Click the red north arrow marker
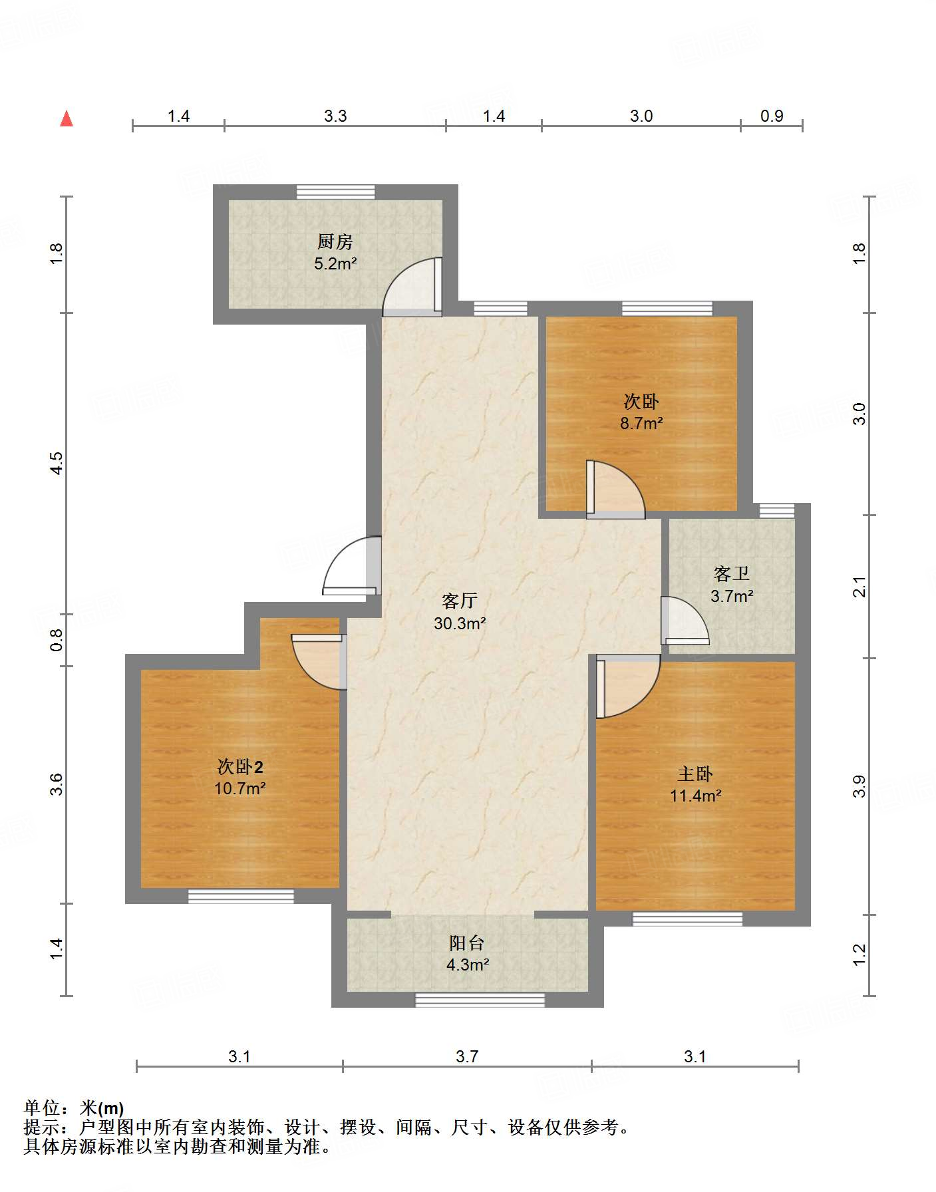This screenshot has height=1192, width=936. [67, 118]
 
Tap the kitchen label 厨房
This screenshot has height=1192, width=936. [335, 241]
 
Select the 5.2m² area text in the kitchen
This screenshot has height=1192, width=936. [335, 263]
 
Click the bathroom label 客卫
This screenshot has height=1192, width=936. [732, 573]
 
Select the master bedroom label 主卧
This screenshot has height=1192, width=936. [695, 774]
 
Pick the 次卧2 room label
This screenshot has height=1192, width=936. [240, 767]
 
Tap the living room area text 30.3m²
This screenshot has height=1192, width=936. [460, 623]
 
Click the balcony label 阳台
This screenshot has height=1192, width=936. [467, 943]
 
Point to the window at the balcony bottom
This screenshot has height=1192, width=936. [480, 1000]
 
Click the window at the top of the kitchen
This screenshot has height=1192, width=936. [335, 192]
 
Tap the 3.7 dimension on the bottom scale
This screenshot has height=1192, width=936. [467, 1057]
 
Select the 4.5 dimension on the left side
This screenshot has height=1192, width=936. [57, 463]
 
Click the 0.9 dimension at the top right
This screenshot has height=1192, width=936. [772, 116]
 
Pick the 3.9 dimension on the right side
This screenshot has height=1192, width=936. [859, 786]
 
